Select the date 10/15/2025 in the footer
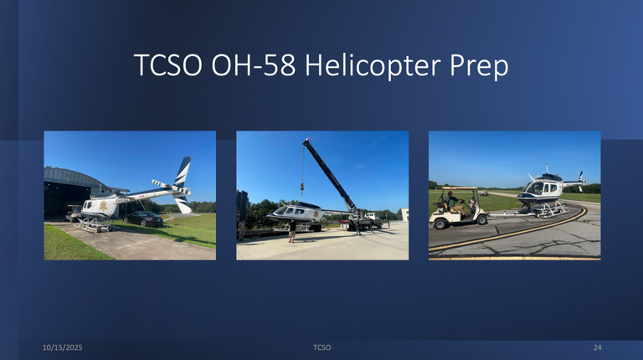pos(63,347)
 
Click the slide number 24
pos(597,347)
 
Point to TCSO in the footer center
pos(321,347)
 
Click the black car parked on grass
pos(144,219)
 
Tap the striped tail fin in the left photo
pos(182,172)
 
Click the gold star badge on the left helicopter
pos(103,206)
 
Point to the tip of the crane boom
pos(306,142)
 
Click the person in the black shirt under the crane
pos(292,229)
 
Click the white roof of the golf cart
pos(460,189)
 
